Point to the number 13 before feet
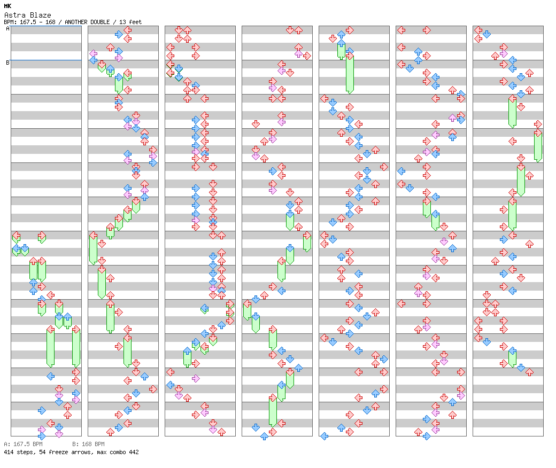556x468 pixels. tap(122, 22)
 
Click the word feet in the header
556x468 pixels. tap(135, 22)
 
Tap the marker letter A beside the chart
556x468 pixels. tap(7, 29)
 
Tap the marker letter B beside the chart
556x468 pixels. tap(7, 63)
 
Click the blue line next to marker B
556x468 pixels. tap(46, 60)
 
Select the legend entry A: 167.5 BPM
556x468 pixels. tap(23, 444)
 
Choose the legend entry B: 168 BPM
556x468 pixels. tap(88, 444)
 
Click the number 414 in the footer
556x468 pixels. tap(9, 452)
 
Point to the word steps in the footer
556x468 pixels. tap(25, 452)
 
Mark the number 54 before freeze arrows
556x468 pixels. tap(41, 452)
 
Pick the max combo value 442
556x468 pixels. tap(134, 452)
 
